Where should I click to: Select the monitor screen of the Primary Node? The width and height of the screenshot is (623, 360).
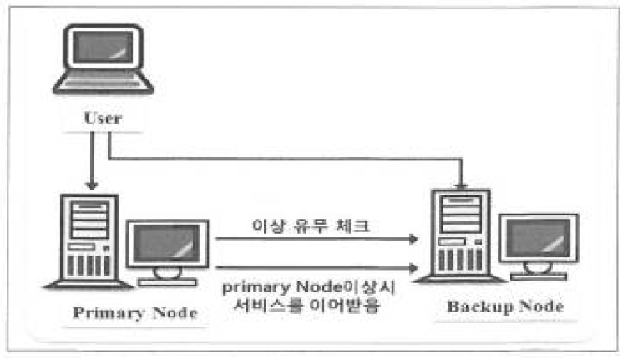pyautogui.click(x=167, y=245)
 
